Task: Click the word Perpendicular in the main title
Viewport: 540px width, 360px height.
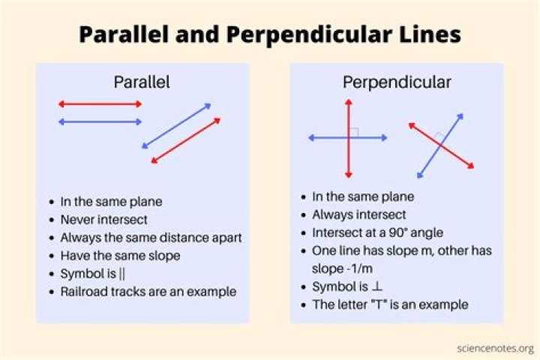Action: pos(309,34)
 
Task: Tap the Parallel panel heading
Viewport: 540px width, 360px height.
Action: pos(142,82)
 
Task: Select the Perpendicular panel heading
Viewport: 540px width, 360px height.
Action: pos(397,82)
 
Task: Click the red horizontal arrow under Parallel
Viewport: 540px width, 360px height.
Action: pos(100,104)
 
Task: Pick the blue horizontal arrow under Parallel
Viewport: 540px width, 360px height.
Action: pos(100,121)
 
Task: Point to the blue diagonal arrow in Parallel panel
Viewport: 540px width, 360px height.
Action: pos(176,126)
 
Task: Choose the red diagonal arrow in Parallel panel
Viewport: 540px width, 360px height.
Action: pos(186,140)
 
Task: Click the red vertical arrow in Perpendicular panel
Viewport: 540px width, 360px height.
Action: pos(349,139)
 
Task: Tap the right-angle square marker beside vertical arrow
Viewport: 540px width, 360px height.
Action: pos(354,133)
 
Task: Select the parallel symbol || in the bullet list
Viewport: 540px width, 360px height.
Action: pos(122,274)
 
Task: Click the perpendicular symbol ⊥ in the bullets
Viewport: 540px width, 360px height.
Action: pos(377,286)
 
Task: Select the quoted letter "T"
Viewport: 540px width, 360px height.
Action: pos(378,304)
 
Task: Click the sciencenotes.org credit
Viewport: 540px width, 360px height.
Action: pos(496,349)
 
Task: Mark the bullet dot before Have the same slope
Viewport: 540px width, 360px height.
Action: pos(52,256)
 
